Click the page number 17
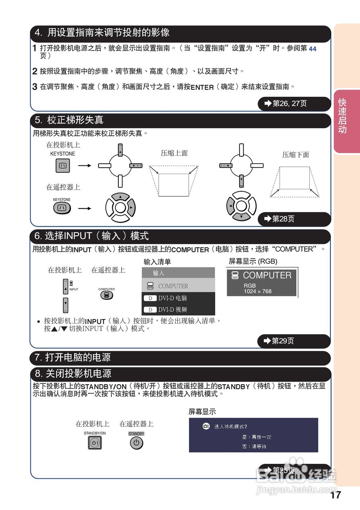(336, 495)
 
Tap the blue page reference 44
(313, 49)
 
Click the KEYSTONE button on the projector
(63, 165)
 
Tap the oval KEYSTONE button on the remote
(61, 208)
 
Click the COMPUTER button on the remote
(106, 295)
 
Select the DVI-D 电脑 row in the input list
(178, 298)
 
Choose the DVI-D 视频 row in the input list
(178, 310)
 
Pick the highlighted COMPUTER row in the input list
(178, 286)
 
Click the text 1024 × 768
(258, 291)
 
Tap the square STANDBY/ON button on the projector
(94, 443)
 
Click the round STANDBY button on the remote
(136, 443)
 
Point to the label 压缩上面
(174, 153)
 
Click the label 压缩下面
(295, 155)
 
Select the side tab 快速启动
(342, 116)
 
